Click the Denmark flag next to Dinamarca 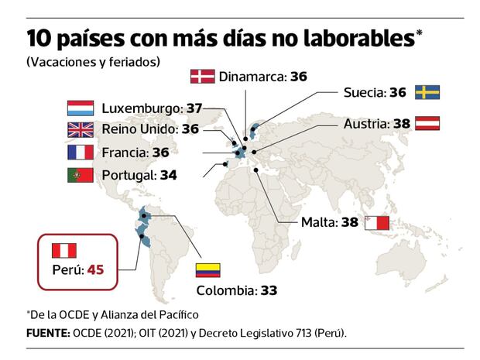(203, 76)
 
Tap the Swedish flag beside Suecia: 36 (427, 92)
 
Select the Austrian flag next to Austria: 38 (427, 122)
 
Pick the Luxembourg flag (81, 108)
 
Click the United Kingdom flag (81, 129)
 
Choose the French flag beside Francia (81, 152)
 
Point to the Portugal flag (81, 175)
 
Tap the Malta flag (377, 223)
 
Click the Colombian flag (207, 269)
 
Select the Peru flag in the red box (64, 250)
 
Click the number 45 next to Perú (95, 269)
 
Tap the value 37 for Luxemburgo (194, 108)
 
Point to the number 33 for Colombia (268, 291)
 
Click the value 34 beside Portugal (168, 175)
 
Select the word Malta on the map (318, 223)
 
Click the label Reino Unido (139, 129)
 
